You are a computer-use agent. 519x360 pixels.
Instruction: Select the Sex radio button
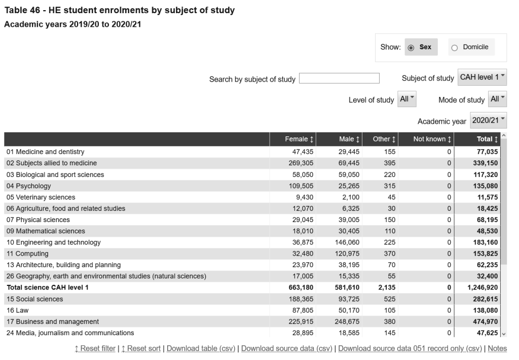pos(411,48)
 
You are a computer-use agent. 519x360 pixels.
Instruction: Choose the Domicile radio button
pos(455,48)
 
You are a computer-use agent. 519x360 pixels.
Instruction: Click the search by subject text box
pos(339,78)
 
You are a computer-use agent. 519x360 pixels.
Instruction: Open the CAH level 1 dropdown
pos(482,77)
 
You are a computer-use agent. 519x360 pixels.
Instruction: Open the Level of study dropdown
pos(406,99)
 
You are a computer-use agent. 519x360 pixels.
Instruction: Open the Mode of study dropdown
pos(497,99)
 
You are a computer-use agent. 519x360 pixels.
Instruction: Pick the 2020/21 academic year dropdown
pos(488,120)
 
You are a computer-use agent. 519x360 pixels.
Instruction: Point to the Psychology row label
pos(29,186)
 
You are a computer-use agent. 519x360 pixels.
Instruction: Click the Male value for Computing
pos(347,254)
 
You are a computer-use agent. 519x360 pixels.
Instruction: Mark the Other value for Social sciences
pos(389,299)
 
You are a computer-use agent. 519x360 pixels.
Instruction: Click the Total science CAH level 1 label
pos(48,287)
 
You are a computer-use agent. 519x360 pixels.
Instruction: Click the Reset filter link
pos(95,348)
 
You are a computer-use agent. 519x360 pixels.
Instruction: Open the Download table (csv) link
pos(201,348)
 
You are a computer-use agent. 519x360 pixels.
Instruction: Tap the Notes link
pos(497,348)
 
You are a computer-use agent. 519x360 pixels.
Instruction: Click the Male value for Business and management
pos(347,321)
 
